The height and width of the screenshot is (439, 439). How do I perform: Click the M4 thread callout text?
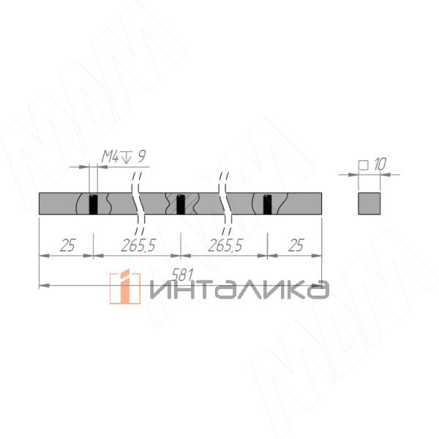point(110,157)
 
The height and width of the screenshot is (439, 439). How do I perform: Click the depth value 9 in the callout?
point(142,157)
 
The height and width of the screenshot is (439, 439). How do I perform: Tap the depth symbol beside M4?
point(127,157)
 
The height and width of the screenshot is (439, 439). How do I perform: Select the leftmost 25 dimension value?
point(67,246)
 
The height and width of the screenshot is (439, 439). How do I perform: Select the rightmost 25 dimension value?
point(296,246)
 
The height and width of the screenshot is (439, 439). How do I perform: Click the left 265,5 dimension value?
point(138,246)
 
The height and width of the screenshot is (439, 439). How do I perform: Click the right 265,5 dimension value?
point(225,246)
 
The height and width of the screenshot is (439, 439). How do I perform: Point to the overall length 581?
point(182,275)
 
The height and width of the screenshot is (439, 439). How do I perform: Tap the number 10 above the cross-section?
point(380,165)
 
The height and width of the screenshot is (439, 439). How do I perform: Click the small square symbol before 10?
point(364,165)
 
